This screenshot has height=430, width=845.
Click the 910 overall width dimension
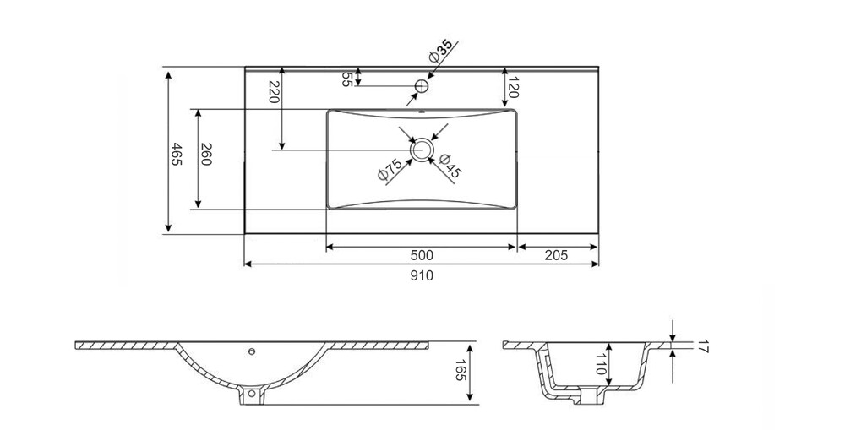coord(422,275)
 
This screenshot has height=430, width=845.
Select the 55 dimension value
coord(347,79)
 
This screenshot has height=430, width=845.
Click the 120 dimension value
coord(513,86)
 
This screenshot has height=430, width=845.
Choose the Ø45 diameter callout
coord(450,166)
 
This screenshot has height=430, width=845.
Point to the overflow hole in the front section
coord(251,351)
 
